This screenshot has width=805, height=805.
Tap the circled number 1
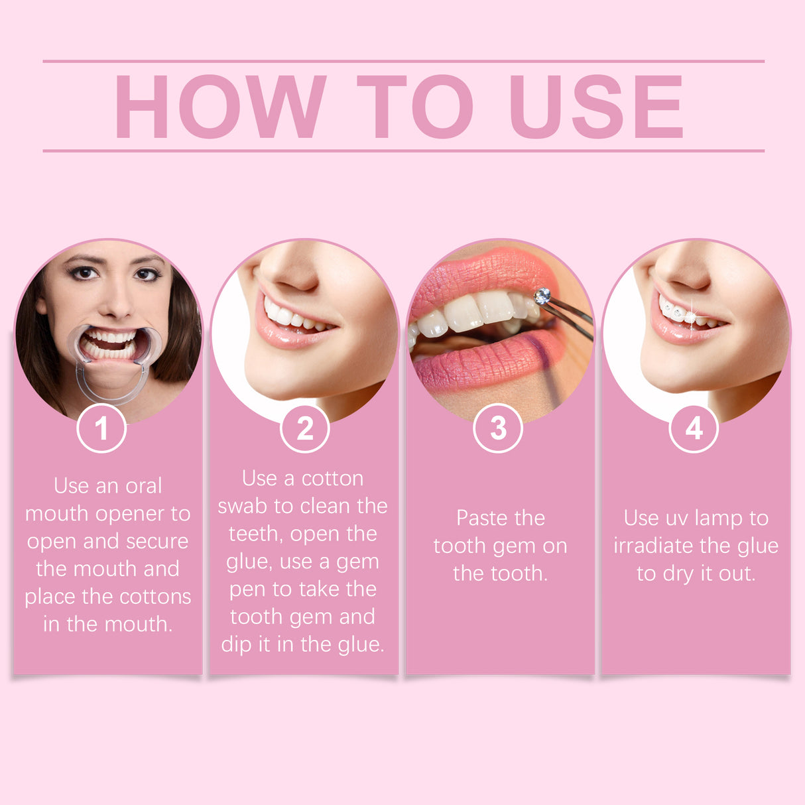click(101, 428)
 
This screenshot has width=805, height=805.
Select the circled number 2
click(305, 428)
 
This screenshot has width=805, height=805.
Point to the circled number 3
click(498, 428)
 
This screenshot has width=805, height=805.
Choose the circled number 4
click(694, 428)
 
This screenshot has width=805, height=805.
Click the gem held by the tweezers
click(542, 296)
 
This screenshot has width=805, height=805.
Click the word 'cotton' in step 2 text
click(332, 478)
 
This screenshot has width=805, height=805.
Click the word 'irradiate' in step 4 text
click(654, 546)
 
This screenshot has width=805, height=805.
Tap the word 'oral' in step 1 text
click(143, 486)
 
